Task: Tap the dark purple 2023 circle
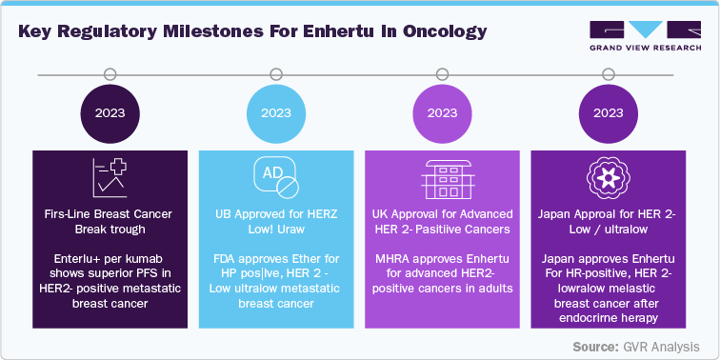point(110,112)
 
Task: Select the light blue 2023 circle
point(276,112)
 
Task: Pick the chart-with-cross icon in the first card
point(110,177)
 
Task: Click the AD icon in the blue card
point(276,177)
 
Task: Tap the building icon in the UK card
point(442,177)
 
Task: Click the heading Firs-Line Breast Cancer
point(110,214)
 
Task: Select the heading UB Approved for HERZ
point(276,214)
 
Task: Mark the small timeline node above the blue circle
point(276,73)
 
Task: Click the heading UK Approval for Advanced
point(442,214)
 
